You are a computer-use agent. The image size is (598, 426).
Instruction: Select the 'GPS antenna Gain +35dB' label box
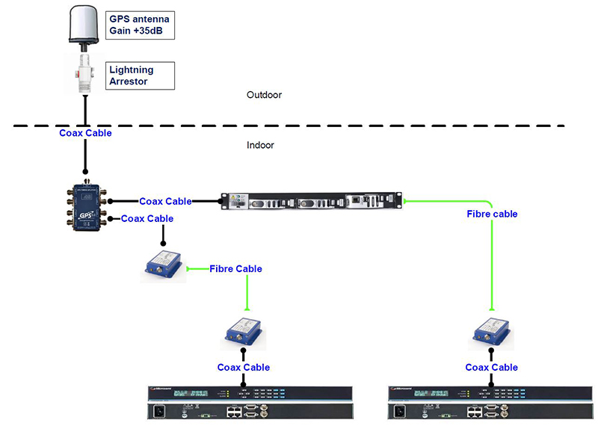pyautogui.click(x=141, y=25)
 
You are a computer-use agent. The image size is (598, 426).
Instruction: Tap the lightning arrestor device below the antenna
pyautogui.click(x=86, y=72)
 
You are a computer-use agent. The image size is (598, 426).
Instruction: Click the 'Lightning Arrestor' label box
pyautogui.click(x=140, y=75)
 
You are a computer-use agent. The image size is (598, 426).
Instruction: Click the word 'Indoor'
pyautogui.click(x=260, y=145)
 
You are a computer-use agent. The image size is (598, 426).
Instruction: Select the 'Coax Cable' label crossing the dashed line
pyautogui.click(x=86, y=133)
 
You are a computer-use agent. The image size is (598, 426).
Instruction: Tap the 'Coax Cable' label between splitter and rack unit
pyautogui.click(x=165, y=201)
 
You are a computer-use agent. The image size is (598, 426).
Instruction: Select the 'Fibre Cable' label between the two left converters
pyautogui.click(x=235, y=268)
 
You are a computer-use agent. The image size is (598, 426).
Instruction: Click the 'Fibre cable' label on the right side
pyautogui.click(x=492, y=214)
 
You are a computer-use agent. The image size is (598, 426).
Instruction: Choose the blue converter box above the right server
pyautogui.click(x=491, y=332)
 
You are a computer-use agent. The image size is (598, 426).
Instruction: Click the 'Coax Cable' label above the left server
pyautogui.click(x=244, y=367)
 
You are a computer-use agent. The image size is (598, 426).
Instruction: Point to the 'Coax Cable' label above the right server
pyautogui.click(x=491, y=367)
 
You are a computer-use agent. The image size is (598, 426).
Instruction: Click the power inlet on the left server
pyautogui.click(x=158, y=410)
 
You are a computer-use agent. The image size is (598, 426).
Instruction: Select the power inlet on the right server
pyautogui.click(x=405, y=410)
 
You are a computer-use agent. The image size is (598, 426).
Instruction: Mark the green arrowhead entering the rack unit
pyautogui.click(x=405, y=201)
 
